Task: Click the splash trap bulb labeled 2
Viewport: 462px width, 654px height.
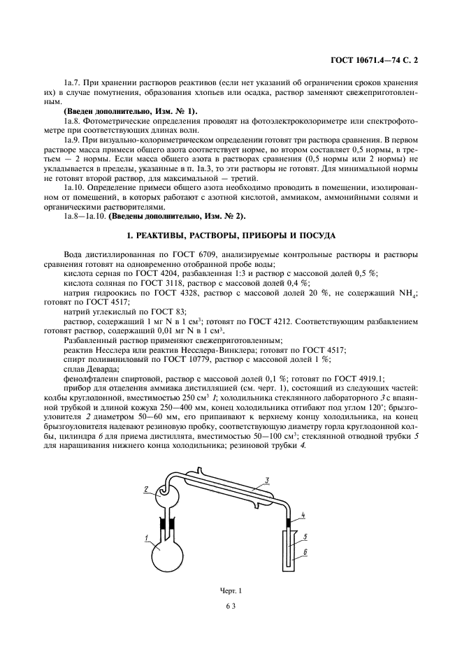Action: tap(168, 490)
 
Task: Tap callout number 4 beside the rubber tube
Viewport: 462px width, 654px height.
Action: tap(303, 516)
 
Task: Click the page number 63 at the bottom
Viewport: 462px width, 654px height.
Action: tap(231, 606)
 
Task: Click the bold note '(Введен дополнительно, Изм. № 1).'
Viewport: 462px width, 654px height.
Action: tap(130, 112)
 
